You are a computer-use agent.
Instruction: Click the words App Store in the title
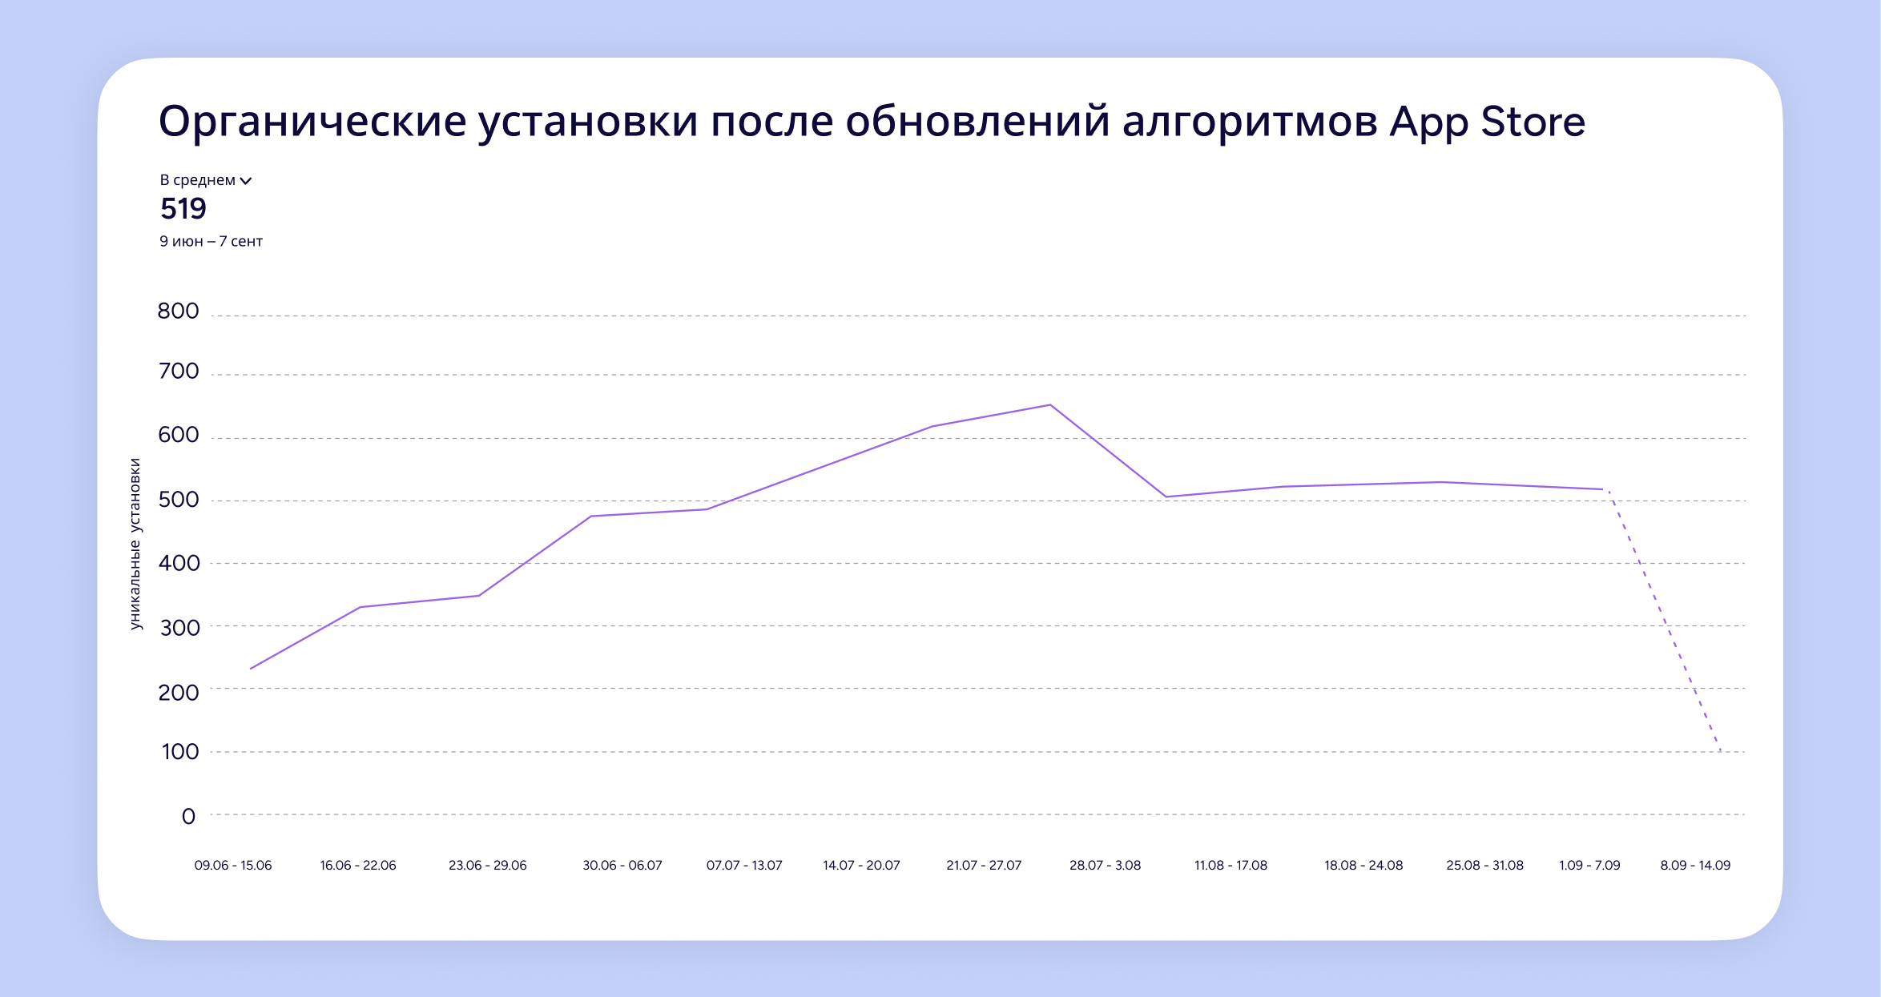[x=1487, y=123]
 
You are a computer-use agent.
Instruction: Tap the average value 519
[x=183, y=209]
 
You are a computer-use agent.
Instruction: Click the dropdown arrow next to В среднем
[x=246, y=181]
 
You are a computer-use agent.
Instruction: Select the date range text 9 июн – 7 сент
[x=211, y=241]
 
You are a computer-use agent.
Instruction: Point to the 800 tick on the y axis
[x=178, y=311]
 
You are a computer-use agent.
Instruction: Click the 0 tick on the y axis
[x=188, y=816]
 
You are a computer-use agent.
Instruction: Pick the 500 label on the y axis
[x=178, y=500]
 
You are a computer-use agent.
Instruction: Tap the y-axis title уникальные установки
[x=135, y=544]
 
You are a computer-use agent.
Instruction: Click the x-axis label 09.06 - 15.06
[x=233, y=865]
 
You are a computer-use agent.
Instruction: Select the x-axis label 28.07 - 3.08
[x=1105, y=865]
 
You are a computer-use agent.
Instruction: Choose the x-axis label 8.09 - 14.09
[x=1695, y=865]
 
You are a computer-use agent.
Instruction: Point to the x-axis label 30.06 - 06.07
[x=622, y=865]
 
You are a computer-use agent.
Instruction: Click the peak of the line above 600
[x=1049, y=405]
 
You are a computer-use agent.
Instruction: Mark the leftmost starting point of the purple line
[x=251, y=669]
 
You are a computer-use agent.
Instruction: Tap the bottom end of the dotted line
[x=1719, y=750]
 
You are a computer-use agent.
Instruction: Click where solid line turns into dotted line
[x=1603, y=489]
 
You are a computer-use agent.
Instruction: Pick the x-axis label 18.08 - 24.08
[x=1363, y=865]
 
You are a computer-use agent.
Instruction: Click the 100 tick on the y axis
[x=179, y=751]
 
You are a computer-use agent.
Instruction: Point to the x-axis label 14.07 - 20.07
[x=861, y=865]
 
